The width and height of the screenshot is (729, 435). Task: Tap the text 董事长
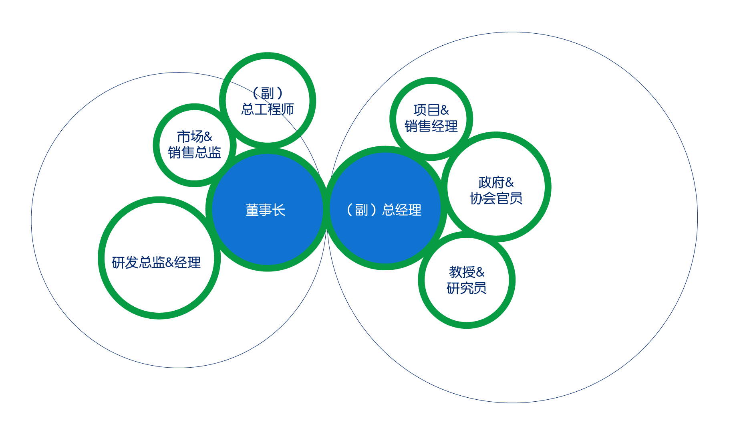coord(265,210)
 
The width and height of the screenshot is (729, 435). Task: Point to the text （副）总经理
coord(384,210)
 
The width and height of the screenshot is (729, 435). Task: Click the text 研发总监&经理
coord(156,263)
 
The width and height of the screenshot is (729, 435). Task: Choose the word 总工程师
coord(268,109)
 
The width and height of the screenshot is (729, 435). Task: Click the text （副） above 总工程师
coord(268,93)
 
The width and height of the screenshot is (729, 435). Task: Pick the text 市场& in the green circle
coord(194,137)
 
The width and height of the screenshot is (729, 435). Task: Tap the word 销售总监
coord(194,152)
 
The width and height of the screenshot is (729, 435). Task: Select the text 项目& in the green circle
coord(431,110)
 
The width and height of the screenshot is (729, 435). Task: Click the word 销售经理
coord(431,126)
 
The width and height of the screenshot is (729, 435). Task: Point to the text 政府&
coord(496,182)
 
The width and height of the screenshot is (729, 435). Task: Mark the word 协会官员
coord(496,198)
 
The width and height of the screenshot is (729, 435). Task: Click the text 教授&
coord(467,272)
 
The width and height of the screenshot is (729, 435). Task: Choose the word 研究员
coord(467,288)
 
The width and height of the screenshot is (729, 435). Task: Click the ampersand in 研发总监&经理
coord(169,263)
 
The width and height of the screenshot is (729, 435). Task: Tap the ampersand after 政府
coord(509,183)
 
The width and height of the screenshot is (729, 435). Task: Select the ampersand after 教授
coord(480,273)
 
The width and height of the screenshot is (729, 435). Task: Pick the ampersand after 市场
coord(207,137)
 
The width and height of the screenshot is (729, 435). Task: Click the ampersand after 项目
coord(444,110)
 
